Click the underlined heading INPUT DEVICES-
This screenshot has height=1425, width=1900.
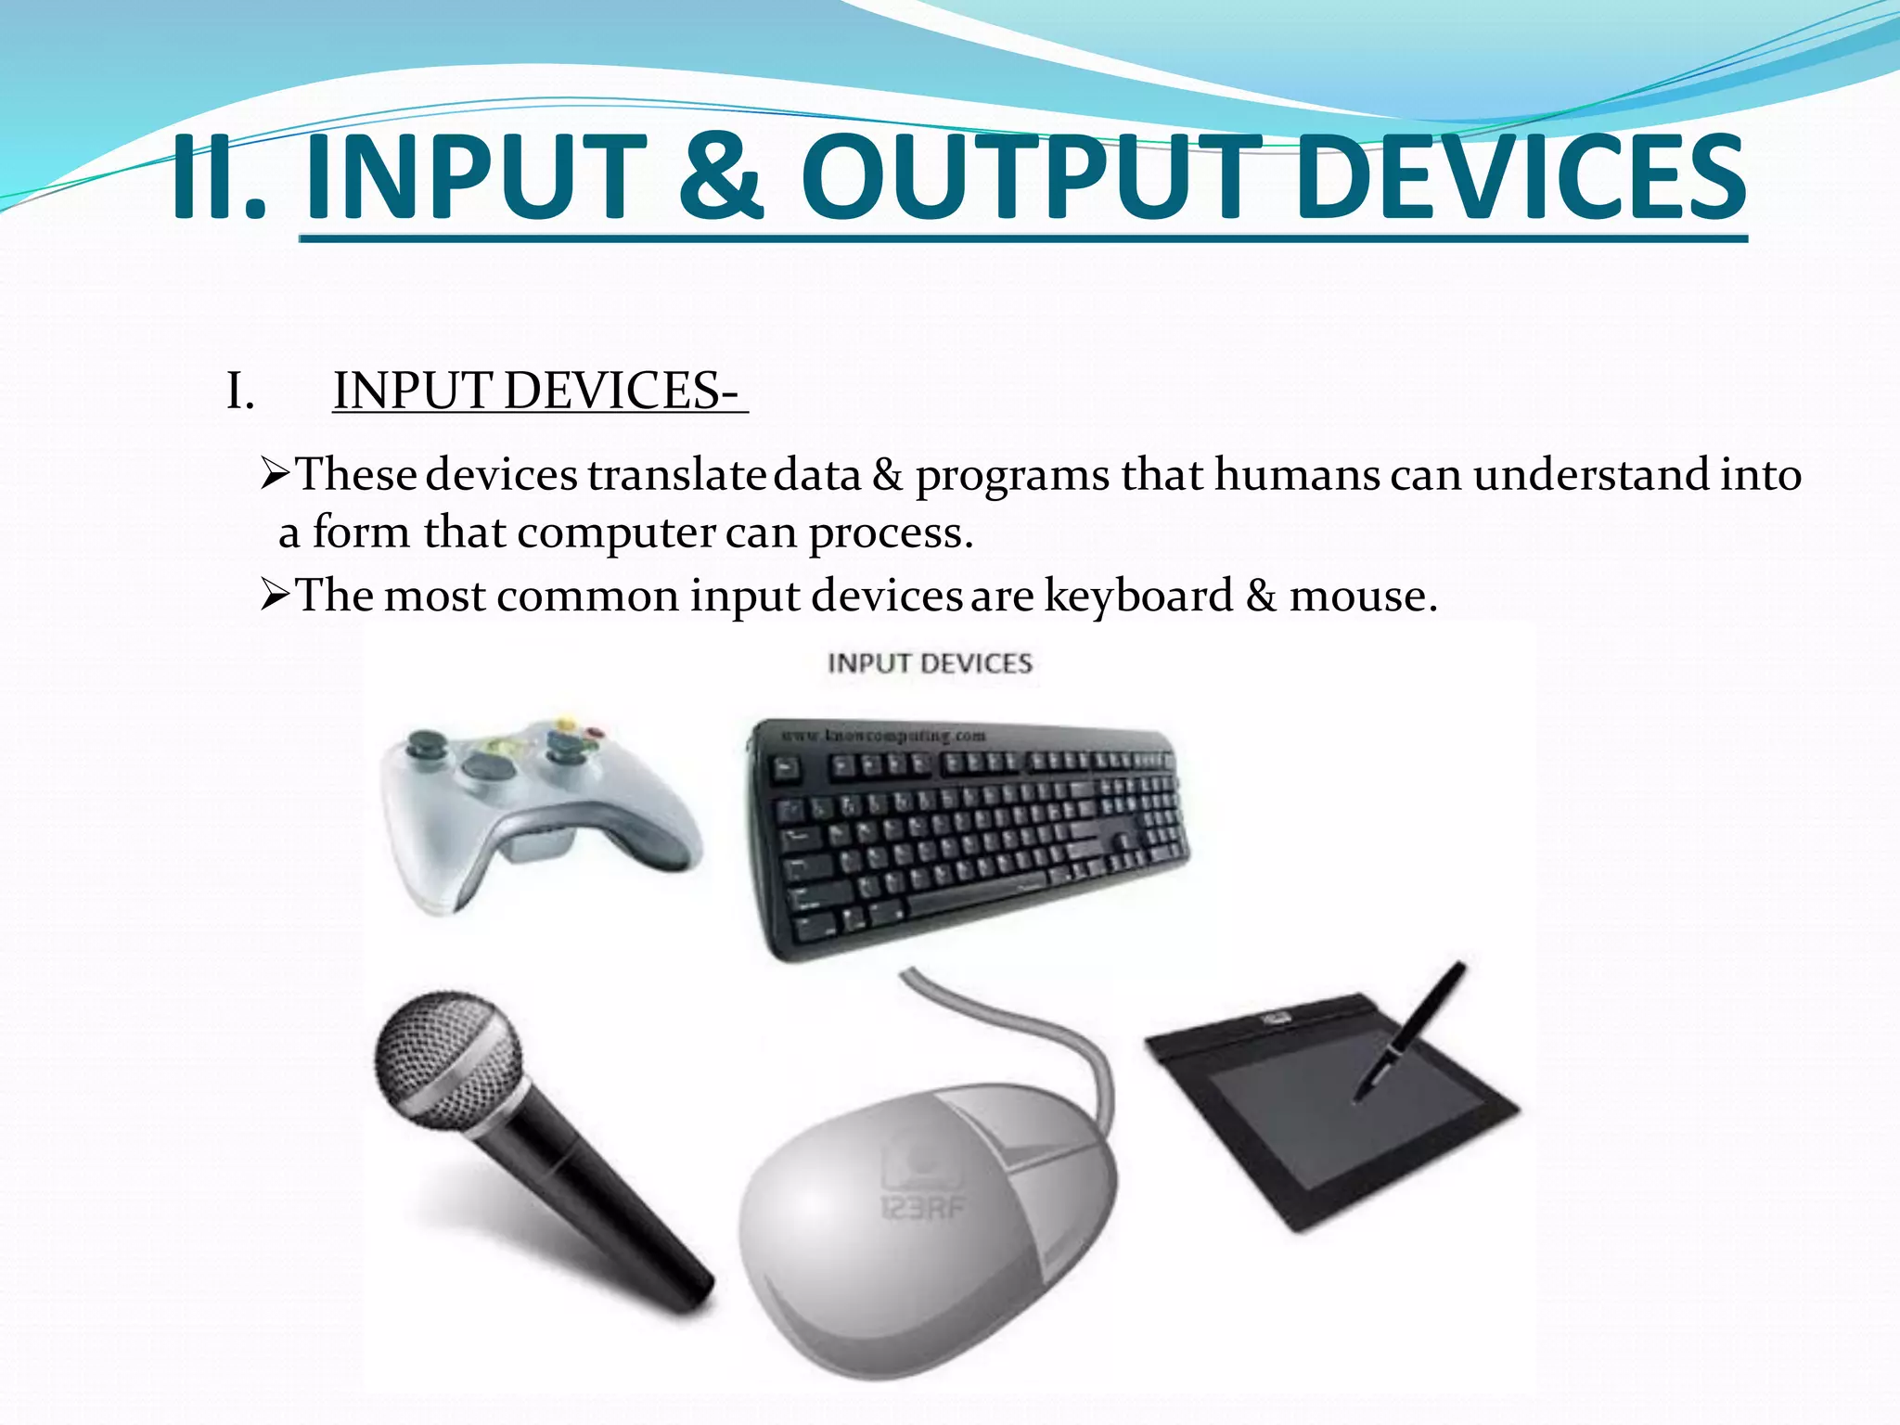tap(538, 391)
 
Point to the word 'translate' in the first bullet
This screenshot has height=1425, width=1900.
tap(675, 475)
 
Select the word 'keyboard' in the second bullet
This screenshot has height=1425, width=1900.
tap(1138, 596)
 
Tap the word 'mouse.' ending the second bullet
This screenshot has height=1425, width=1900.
tap(1363, 596)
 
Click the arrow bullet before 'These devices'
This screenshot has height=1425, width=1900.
tap(276, 475)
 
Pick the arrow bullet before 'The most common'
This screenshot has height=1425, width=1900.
tap(276, 595)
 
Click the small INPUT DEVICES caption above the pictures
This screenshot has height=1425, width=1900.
tap(930, 663)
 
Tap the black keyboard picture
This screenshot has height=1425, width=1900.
tap(969, 835)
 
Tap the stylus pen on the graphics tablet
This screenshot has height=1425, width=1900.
tap(1410, 1030)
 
